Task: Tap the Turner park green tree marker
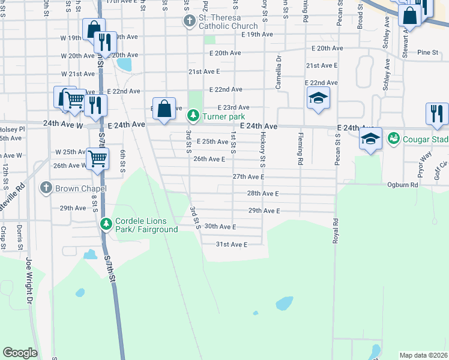point(193,115)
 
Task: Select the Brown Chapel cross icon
point(45,188)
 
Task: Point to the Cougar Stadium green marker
point(393,139)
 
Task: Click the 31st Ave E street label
point(232,244)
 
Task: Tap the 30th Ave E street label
point(220,226)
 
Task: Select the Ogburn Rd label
point(402,185)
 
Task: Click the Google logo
point(20,353)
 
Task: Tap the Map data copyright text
point(423,355)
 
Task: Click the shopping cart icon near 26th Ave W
point(97,160)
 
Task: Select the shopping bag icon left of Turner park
point(164,109)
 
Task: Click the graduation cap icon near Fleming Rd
point(318,98)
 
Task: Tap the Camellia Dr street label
point(279,72)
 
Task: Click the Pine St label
point(428,53)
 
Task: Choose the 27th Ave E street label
point(249,177)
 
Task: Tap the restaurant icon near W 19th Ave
point(104,41)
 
